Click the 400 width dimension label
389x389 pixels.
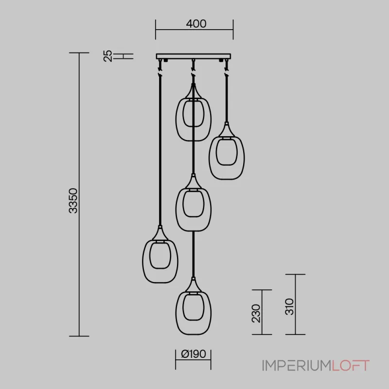click(196, 24)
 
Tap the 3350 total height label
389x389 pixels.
click(73, 201)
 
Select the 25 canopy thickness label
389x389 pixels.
click(108, 56)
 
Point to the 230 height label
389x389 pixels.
click(256, 313)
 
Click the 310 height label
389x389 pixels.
click(289, 307)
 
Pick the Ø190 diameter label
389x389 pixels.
click(194, 354)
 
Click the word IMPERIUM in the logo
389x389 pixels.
click(297, 366)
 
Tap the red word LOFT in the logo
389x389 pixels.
click(351, 366)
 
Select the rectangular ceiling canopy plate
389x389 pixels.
click(194, 56)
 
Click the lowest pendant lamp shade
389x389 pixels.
click(176, 313)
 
